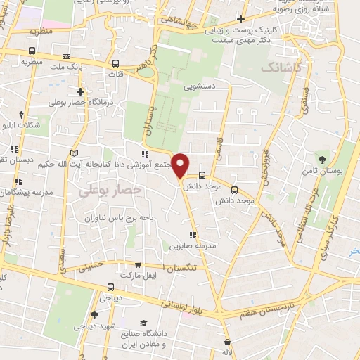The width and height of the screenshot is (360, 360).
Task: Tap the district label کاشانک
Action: tap(281, 68)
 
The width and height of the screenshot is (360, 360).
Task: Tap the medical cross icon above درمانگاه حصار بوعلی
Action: tap(81, 91)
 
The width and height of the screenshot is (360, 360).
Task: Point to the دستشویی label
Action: tap(201, 89)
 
